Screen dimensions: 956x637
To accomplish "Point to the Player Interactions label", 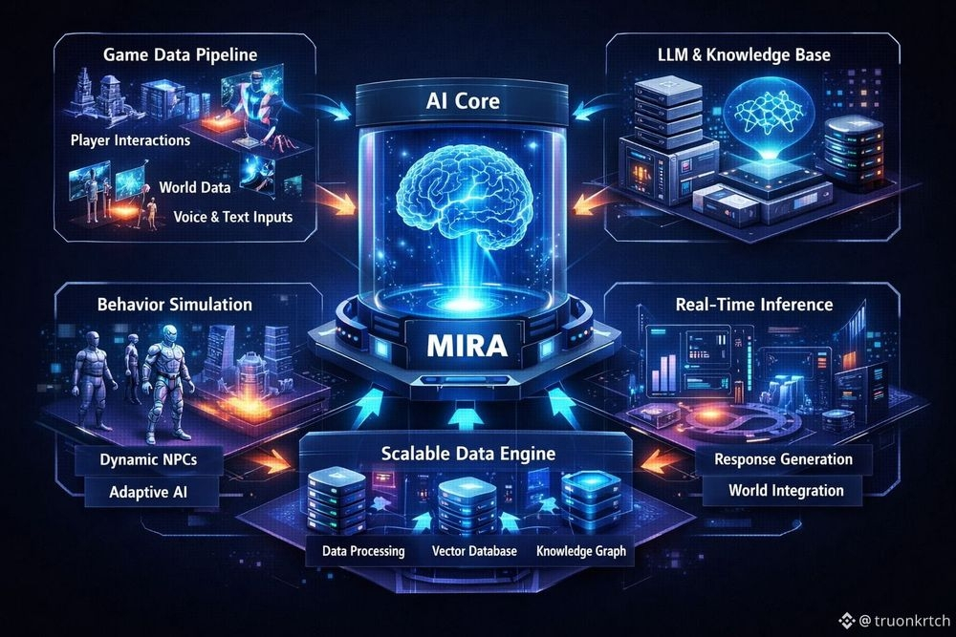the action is (x=130, y=140).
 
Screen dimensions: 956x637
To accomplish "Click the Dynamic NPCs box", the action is (x=148, y=459).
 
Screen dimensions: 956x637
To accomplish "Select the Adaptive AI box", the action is (x=148, y=494).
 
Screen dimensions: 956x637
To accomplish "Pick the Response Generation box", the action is (x=784, y=459).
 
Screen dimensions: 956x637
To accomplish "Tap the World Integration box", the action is (x=786, y=491).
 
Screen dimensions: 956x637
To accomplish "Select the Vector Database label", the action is (x=474, y=551).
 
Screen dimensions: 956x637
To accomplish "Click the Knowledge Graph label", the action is (x=581, y=551).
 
